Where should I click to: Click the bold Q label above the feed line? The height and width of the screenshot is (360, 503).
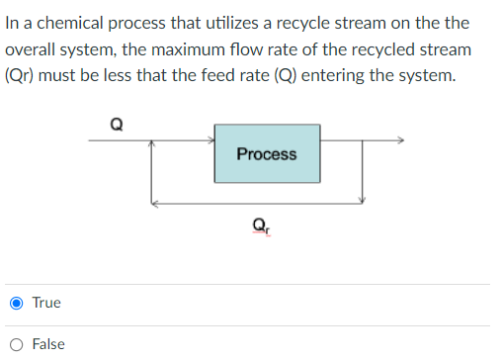coord(118,125)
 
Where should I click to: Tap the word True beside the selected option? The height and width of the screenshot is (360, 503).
coord(46,303)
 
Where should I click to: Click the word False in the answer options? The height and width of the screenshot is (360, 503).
coord(48,344)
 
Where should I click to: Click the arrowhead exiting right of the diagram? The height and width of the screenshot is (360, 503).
coord(399,140)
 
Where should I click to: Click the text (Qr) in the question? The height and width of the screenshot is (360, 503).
coord(21,75)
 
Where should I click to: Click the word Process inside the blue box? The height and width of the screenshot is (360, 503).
coord(267,153)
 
